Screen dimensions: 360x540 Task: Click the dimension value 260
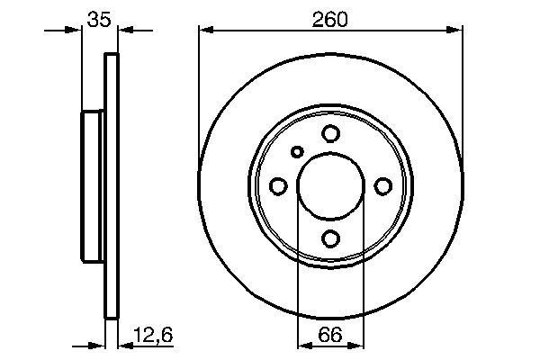pos(329,18)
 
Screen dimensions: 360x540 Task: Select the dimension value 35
pos(100,18)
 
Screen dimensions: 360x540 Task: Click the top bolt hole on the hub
pos(330,134)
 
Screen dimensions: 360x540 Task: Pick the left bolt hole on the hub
pos(278,186)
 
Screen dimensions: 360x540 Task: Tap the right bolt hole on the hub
pos(382,186)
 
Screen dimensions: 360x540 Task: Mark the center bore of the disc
pos(330,185)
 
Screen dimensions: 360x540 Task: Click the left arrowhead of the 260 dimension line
pos(205,31)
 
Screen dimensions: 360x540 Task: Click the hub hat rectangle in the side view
pos(94,185)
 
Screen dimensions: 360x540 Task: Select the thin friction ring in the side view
pos(112,185)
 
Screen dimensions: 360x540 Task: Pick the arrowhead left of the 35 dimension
pos(76,31)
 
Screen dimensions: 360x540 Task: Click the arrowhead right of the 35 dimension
pos(125,31)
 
